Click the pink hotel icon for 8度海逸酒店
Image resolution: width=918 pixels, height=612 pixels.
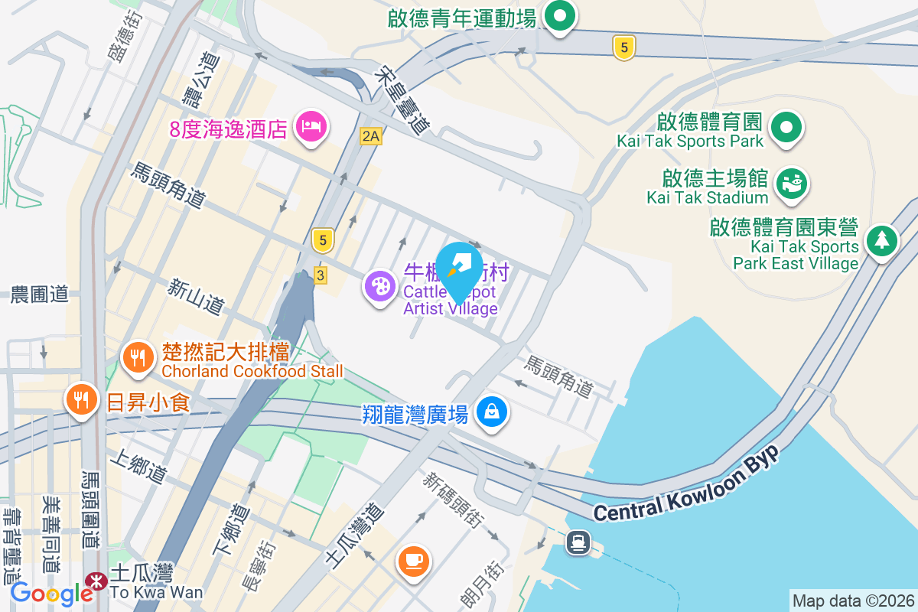[311, 125]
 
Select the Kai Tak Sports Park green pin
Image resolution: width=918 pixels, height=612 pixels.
[786, 126]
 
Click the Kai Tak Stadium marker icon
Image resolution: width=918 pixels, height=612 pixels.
[792, 184]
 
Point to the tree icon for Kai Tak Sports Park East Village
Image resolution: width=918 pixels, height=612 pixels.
[882, 240]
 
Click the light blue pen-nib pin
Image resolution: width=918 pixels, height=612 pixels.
[458, 265]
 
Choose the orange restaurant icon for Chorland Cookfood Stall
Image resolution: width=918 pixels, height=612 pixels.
[138, 356]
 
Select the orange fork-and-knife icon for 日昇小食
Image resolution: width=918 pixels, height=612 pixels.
[80, 400]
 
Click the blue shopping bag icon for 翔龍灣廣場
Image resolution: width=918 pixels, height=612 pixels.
[493, 412]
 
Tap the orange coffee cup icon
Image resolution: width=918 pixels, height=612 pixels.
[414, 561]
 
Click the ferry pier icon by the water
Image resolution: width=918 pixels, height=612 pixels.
[578, 542]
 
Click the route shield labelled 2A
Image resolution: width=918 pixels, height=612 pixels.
[371, 136]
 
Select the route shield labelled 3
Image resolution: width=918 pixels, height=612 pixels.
[321, 275]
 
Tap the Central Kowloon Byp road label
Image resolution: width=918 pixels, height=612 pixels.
[685, 485]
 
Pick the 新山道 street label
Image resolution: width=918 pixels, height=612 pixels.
[197, 296]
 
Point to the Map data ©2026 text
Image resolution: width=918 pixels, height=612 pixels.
[853, 601]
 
